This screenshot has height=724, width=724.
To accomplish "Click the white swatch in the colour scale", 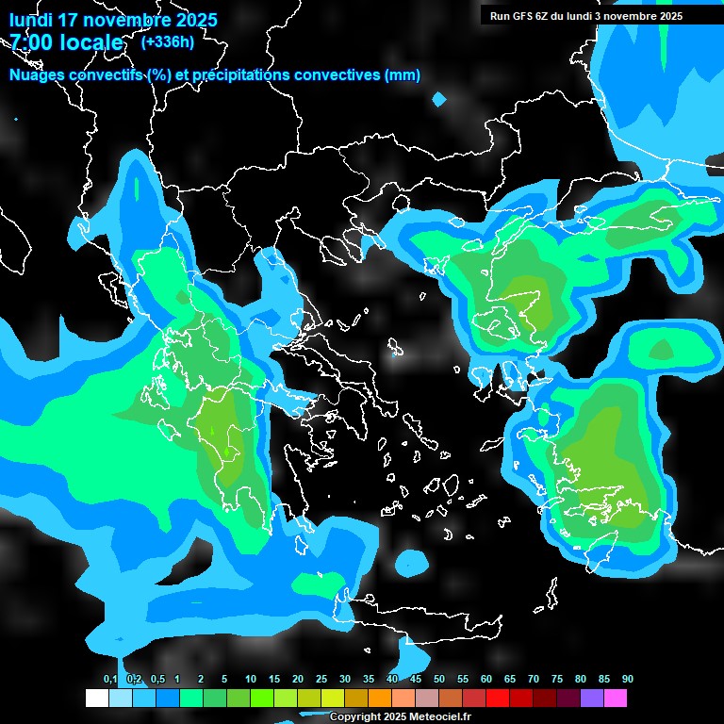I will [97, 699].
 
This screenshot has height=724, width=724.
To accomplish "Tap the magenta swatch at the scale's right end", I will [616, 699].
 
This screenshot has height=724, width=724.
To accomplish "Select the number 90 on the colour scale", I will [628, 680].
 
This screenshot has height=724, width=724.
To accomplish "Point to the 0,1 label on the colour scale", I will [110, 680].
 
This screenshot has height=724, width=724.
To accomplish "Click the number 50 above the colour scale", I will [439, 680].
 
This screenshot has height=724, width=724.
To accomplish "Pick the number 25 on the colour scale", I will [321, 680].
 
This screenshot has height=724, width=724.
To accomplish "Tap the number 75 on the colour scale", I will [557, 680].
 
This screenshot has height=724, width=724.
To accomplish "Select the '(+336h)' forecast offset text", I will [167, 41].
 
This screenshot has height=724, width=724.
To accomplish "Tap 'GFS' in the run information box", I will [525, 16].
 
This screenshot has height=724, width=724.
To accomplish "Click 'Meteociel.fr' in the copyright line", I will [437, 717].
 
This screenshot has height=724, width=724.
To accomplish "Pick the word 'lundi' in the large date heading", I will [30, 20].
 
